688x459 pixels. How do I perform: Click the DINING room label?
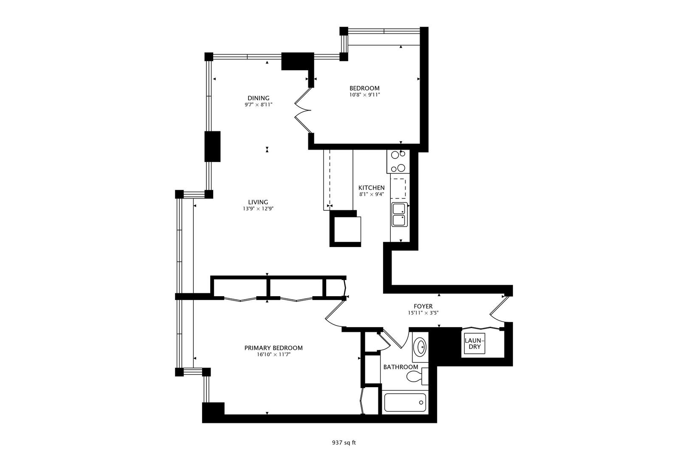258,98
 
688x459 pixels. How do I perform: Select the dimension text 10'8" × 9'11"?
364,95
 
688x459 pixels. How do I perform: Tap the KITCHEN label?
371,188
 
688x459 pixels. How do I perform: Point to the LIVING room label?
258,202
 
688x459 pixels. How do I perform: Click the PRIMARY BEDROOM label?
274,348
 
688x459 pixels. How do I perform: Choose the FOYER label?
423,306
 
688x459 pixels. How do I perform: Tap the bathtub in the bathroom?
405,402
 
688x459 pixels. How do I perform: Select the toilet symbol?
415,376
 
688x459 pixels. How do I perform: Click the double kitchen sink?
399,215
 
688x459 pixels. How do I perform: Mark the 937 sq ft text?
344,442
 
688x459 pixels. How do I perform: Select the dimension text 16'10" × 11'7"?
274,354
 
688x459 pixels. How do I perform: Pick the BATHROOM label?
400,367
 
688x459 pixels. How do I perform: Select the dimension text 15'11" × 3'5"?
423,313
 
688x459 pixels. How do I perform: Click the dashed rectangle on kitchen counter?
398,189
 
